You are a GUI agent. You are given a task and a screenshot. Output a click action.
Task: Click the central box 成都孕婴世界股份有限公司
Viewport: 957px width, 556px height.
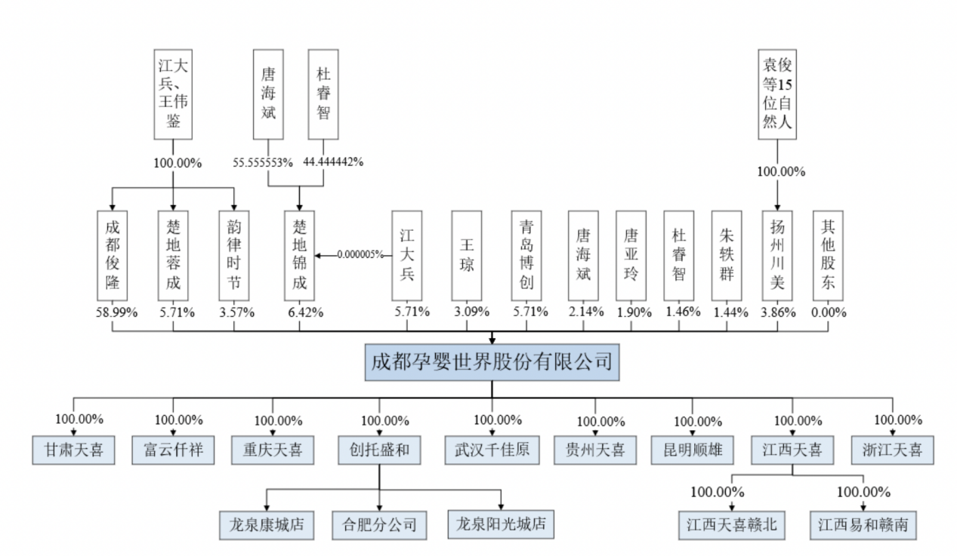(492, 362)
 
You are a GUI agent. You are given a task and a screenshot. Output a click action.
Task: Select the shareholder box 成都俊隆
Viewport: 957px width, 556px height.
(112, 256)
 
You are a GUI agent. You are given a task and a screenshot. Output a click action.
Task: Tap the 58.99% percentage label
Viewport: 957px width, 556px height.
(116, 312)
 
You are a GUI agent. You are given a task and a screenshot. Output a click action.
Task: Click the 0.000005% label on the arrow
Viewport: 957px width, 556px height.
(360, 254)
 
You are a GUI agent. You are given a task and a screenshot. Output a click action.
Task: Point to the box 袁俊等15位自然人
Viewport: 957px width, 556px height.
(777, 94)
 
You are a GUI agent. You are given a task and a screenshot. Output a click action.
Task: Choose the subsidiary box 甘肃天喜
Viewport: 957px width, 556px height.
(73, 450)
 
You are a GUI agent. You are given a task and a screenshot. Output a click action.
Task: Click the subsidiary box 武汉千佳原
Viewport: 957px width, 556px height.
(492, 450)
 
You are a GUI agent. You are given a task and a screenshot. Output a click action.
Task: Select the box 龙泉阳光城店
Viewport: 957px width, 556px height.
(501, 524)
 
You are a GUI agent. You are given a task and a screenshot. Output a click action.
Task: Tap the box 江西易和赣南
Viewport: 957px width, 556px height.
(863, 525)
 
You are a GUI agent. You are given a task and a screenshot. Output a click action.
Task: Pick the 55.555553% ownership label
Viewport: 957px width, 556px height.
(263, 163)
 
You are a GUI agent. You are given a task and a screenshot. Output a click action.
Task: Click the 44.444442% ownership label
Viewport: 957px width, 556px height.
(333, 161)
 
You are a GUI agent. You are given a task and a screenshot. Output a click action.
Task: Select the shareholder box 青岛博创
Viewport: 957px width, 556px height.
(526, 256)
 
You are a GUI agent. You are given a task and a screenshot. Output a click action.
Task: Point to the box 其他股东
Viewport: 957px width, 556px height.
(828, 256)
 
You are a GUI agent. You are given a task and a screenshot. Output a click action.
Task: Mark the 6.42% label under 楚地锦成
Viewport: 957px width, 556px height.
(305, 312)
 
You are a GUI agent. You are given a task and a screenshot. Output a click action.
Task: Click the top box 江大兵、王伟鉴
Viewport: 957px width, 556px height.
(173, 94)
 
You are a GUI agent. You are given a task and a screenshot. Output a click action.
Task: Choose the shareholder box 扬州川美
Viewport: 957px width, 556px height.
(777, 256)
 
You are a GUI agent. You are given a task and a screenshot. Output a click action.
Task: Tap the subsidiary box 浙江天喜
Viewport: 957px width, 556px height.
(893, 450)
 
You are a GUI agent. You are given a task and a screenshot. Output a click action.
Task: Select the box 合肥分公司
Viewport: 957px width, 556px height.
(379, 525)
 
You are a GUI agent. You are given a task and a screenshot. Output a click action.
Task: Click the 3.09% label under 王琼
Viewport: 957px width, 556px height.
(471, 312)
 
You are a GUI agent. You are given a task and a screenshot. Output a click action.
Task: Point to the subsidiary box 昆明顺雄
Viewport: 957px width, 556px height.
(692, 450)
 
